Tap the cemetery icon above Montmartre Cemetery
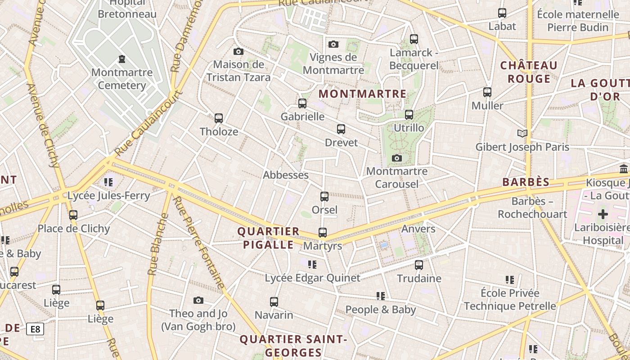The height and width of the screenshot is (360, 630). [121, 58]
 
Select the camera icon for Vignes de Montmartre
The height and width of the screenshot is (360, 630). [333, 44]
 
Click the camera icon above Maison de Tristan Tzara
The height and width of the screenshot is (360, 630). [238, 52]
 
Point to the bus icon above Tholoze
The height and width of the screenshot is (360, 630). [219, 118]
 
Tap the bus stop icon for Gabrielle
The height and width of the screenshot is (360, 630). [302, 103]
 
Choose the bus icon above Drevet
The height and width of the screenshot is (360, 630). [341, 130]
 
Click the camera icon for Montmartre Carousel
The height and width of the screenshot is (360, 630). [396, 158]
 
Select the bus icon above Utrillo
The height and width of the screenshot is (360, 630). [409, 115]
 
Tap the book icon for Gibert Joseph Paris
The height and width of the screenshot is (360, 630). [522, 134]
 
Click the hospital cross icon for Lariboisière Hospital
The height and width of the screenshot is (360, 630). [603, 214]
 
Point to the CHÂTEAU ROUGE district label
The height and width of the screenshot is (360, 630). [529, 72]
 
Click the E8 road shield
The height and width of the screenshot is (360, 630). [35, 329]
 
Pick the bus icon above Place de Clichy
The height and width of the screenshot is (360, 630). [73, 215]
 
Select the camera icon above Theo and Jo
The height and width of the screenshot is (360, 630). [198, 300]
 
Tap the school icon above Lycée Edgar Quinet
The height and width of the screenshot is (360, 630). [312, 265]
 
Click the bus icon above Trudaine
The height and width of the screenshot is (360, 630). [419, 265]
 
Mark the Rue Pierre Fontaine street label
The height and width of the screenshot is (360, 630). [199, 243]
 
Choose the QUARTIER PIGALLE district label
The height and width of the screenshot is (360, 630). [268, 238]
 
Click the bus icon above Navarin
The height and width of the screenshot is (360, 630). [274, 301]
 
